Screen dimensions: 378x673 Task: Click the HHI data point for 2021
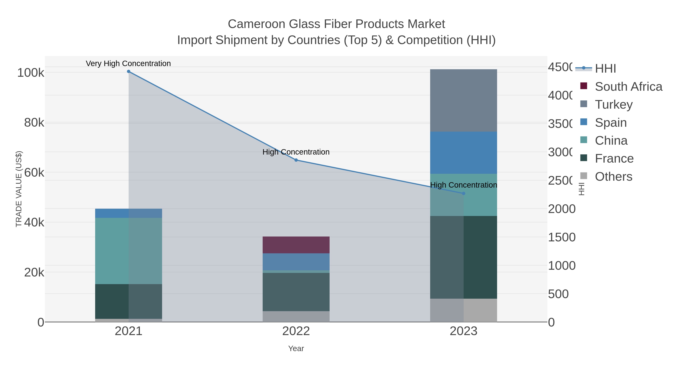click(x=129, y=71)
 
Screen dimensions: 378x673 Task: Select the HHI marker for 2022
click(x=296, y=160)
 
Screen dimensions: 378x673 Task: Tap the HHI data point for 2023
click(x=463, y=193)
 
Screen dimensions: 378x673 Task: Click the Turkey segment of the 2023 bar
click(x=463, y=100)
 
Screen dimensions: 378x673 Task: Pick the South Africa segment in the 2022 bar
click(x=296, y=245)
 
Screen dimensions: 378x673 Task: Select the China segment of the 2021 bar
click(x=129, y=251)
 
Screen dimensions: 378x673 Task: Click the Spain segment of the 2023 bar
click(x=463, y=153)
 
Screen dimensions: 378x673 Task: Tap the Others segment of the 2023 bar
click(x=463, y=310)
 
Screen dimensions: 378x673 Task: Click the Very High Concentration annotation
click(x=128, y=63)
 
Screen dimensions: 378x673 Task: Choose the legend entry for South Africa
click(x=628, y=86)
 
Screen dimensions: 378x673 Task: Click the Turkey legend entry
click(x=613, y=104)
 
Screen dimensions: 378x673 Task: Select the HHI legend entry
click(x=605, y=68)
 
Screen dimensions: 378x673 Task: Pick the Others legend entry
click(x=613, y=176)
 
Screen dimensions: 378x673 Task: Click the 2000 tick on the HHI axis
click(x=561, y=209)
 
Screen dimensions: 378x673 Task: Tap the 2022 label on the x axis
click(x=296, y=331)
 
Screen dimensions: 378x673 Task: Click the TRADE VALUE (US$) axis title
click(x=19, y=189)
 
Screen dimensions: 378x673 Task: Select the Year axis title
click(x=296, y=348)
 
